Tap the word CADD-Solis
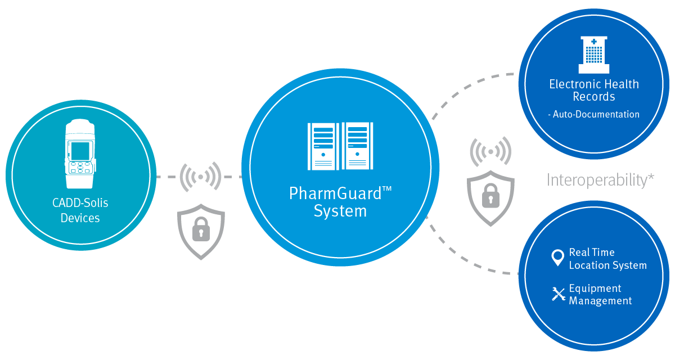coord(80,204)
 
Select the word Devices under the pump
coord(80,218)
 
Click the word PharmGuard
coord(335,193)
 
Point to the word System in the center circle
coord(340,211)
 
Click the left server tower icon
coord(323,146)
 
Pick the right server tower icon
coord(357,146)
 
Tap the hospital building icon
coord(593,55)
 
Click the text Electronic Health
coord(594,84)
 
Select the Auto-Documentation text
coord(593,114)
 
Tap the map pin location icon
coord(557,258)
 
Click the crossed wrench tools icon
coord(558,294)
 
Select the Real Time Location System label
coord(607,259)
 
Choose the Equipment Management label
coord(600,295)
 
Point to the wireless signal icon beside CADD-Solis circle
coord(200,177)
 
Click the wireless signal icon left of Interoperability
coord(490,151)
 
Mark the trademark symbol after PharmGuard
coord(386,189)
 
